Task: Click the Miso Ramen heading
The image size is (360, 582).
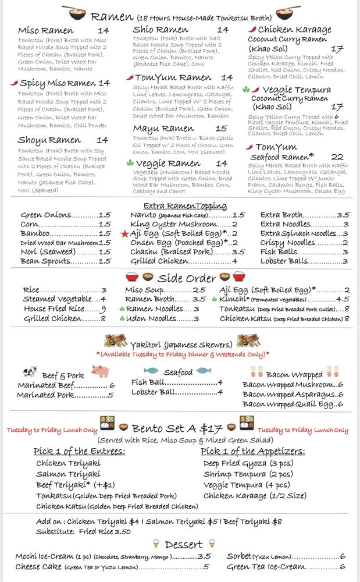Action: pos(45,31)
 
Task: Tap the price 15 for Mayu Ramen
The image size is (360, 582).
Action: pos(222,129)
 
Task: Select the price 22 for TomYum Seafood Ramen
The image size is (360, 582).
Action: pos(337,157)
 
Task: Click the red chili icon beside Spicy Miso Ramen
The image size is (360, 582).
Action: pos(13,83)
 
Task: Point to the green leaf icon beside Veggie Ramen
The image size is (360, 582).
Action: pos(130,164)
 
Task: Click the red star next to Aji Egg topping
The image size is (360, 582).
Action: pos(124,233)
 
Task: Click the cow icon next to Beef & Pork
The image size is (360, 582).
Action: pos(30,372)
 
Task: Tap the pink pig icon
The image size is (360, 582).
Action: pos(100,371)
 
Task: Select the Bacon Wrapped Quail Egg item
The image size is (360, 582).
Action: pos(289,404)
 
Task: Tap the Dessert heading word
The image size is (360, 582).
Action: pos(184,545)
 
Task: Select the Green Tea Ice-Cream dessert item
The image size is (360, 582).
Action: pos(266,567)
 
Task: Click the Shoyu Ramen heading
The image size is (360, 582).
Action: pos(49,140)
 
